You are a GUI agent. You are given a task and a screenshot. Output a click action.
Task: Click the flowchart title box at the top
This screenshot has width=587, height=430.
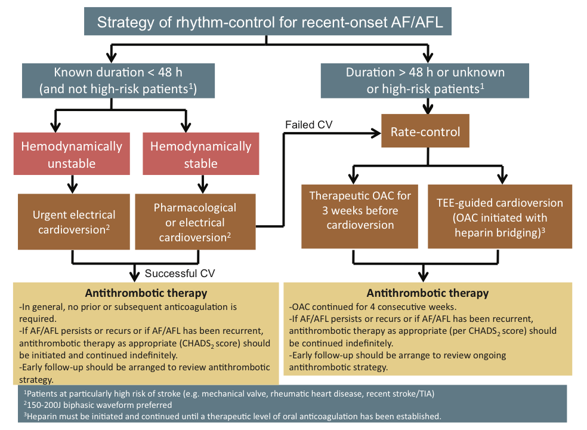tap(266, 23)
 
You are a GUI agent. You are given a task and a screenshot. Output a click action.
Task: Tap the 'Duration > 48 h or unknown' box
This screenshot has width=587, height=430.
tap(425, 81)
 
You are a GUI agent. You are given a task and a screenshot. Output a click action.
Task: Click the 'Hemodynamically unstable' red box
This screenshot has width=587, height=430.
tap(72, 155)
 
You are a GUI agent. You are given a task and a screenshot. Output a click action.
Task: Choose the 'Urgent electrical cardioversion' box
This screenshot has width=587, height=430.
tap(75, 222)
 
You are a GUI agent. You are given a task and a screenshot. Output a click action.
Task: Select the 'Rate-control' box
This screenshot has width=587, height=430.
tap(425, 131)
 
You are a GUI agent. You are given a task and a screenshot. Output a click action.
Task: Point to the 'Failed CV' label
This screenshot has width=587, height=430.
tap(308, 124)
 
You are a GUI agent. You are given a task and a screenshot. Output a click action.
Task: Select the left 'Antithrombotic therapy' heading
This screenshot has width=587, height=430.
tap(146, 293)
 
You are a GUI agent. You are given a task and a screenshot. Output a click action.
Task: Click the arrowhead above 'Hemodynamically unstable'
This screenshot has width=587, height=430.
tap(56, 127)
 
